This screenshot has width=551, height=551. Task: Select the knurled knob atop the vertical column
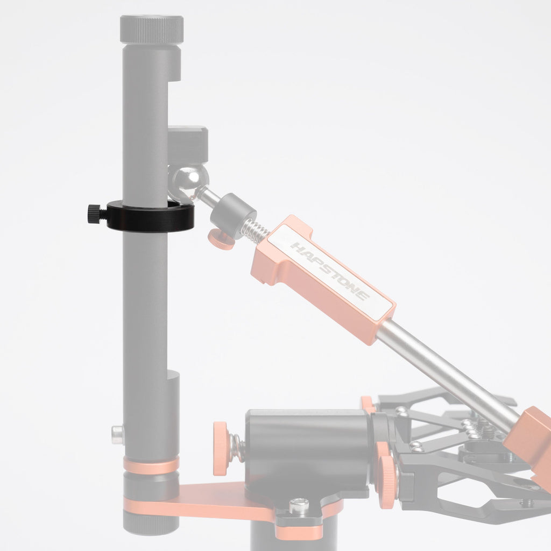click(x=152, y=29)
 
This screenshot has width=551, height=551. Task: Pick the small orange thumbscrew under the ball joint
click(x=221, y=239)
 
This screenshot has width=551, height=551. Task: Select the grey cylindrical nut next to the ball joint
click(x=233, y=214)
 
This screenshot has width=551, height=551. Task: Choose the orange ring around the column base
click(x=151, y=465)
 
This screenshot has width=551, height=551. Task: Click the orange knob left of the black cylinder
click(x=221, y=448)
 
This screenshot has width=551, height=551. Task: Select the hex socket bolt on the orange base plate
click(x=299, y=506)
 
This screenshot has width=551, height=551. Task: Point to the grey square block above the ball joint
click(x=188, y=144)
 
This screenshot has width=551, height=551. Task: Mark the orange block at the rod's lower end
click(x=530, y=439)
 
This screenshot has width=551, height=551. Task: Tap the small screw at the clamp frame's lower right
click(x=526, y=503)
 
